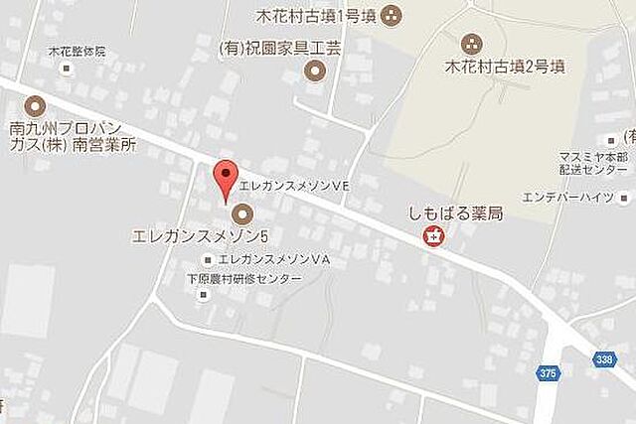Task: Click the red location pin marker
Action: tap(227, 177)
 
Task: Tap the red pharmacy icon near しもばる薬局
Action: tap(433, 236)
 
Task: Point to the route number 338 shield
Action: tap(607, 358)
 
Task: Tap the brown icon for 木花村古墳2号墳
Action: tap(470, 44)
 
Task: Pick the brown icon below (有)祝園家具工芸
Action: tap(315, 70)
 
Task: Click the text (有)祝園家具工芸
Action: tap(280, 47)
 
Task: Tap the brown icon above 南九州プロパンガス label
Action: tap(35, 104)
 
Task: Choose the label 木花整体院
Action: tap(76, 52)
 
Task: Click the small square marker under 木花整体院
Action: tap(67, 70)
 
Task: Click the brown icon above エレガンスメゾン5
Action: tap(241, 213)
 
